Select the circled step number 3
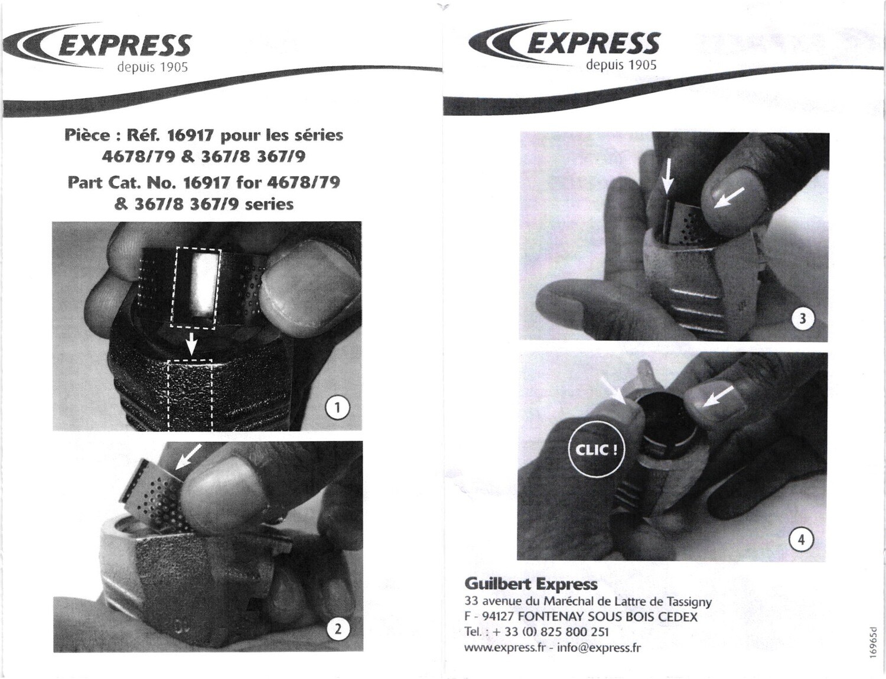pos(803,319)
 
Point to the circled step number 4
pos(802,540)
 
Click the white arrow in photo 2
pos(189,457)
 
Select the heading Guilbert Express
pos(531,584)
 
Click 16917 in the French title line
pos(190,136)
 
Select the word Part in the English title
pos(86,183)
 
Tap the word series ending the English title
pos(270,204)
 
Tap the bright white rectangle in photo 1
pos(203,285)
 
